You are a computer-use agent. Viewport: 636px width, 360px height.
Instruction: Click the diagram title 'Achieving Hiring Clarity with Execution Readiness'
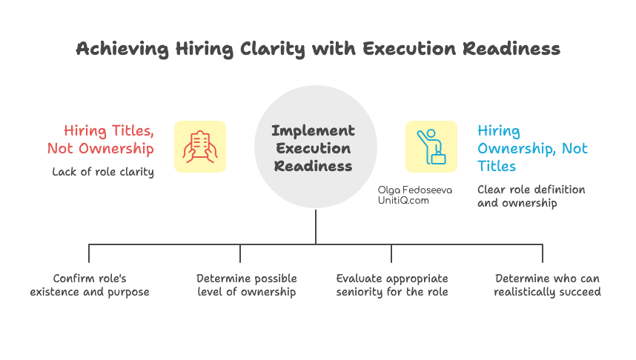pos(318,50)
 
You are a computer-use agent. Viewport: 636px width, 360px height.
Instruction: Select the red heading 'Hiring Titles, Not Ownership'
pos(101,140)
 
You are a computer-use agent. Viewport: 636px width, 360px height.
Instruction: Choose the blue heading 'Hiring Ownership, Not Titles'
pos(532,148)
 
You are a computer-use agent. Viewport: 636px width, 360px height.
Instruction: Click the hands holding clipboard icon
pos(200,146)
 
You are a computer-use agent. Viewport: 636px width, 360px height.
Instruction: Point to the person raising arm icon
pos(431,146)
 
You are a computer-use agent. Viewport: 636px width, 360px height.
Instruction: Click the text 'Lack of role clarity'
pos(103,172)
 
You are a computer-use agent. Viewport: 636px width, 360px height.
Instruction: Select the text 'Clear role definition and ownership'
pos(531,196)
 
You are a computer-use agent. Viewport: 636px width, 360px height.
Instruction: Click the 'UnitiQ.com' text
pos(403,200)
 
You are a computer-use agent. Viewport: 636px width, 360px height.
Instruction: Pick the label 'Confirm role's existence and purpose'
pos(90,285)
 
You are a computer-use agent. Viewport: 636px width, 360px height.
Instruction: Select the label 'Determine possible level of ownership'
pos(246,285)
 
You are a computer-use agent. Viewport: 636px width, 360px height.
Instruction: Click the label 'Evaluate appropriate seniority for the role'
pos(392,285)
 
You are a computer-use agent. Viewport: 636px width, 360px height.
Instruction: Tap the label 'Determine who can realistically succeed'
pos(547,285)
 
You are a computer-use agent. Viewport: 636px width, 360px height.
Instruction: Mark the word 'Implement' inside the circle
pos(313,131)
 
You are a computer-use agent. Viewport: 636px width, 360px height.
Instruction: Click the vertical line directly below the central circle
pos(316,226)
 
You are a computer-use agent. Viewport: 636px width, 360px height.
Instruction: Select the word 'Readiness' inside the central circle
pos(313,166)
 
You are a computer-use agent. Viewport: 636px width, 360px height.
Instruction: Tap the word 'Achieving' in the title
pos(122,50)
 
